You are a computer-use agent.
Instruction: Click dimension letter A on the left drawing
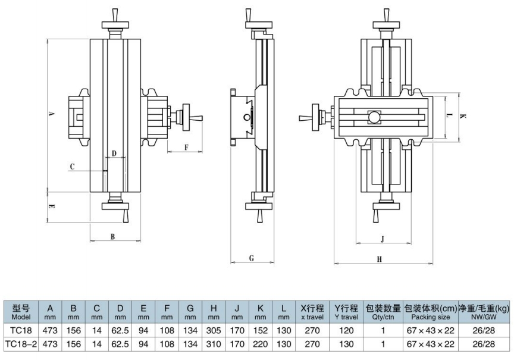[51, 114]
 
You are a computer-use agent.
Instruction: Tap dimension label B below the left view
[112, 236]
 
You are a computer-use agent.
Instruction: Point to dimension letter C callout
[73, 167]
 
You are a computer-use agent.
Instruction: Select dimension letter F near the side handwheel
[186, 147]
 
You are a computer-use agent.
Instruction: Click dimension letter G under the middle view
[252, 258]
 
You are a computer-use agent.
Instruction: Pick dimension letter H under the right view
[380, 259]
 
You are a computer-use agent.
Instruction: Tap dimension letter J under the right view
[382, 239]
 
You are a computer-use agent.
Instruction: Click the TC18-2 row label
[21, 344]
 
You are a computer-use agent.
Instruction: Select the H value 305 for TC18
[214, 330]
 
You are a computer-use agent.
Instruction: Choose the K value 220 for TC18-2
[261, 344]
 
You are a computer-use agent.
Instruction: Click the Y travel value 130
[346, 344]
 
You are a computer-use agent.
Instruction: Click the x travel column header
[312, 312]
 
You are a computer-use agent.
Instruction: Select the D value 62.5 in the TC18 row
[120, 330]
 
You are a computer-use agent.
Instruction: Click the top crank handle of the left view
[115, 15]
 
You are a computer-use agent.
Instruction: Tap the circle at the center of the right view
[374, 117]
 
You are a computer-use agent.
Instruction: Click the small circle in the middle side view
[246, 117]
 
